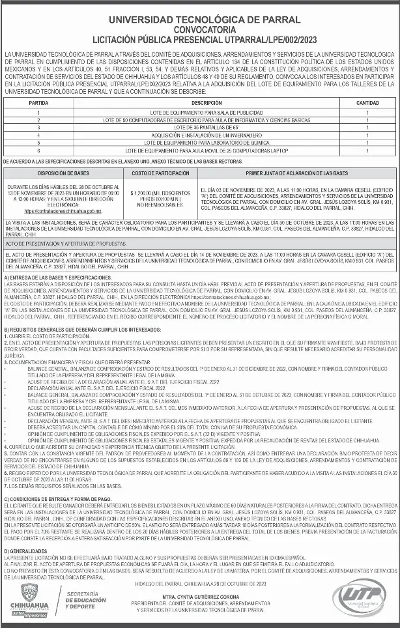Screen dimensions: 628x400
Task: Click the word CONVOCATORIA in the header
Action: (200, 29)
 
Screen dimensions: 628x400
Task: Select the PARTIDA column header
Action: (40, 103)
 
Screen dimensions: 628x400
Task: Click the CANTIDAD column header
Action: (367, 103)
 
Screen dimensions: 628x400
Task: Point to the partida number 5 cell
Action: (40, 142)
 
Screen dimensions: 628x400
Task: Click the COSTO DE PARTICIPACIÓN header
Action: (156, 173)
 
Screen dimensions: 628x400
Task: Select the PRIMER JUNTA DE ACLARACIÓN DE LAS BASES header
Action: (296, 173)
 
